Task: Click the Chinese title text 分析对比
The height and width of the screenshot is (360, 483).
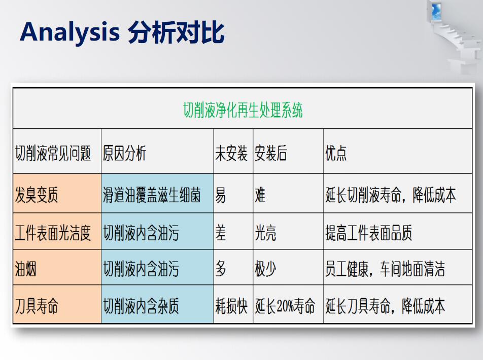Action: pyautogui.click(x=176, y=32)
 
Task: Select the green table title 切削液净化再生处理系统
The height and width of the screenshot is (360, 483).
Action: pyautogui.click(x=243, y=110)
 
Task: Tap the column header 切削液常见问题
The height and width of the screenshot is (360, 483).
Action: pyautogui.click(x=53, y=153)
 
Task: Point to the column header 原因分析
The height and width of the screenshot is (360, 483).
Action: pyautogui.click(x=124, y=153)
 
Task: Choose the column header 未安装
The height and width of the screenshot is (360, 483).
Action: pyautogui.click(x=231, y=153)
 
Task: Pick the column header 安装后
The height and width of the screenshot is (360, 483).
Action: pyautogui.click(x=271, y=153)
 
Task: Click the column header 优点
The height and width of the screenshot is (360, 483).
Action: pyautogui.click(x=336, y=153)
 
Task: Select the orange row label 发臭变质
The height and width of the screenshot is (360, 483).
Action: pyautogui.click(x=37, y=195)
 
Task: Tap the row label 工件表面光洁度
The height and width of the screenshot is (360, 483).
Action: pyautogui.click(x=53, y=233)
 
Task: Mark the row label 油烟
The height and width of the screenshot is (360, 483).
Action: pyautogui.click(x=25, y=269)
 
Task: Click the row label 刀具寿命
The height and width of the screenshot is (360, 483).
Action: pyautogui.click(x=37, y=306)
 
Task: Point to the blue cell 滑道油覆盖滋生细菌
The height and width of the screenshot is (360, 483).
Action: pyautogui.click(x=152, y=195)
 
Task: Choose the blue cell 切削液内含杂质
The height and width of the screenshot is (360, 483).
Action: pyautogui.click(x=141, y=306)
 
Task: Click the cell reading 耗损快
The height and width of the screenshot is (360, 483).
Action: pyautogui.click(x=231, y=306)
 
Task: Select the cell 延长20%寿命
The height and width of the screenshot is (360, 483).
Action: pyautogui.click(x=285, y=306)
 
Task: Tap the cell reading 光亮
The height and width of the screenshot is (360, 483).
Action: pyautogui.click(x=265, y=233)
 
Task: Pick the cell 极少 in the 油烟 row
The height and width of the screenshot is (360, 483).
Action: pyautogui.click(x=265, y=269)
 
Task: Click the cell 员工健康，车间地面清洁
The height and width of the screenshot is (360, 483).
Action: pyautogui.click(x=385, y=269)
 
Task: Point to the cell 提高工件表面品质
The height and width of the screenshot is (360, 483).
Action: pyautogui.click(x=369, y=233)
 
